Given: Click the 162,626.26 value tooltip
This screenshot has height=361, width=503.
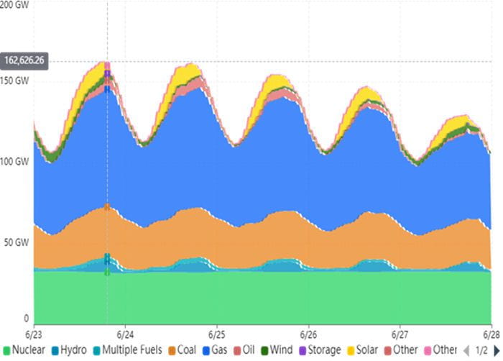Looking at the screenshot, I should [24, 61].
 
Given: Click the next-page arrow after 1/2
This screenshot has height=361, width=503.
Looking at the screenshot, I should [497, 351].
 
